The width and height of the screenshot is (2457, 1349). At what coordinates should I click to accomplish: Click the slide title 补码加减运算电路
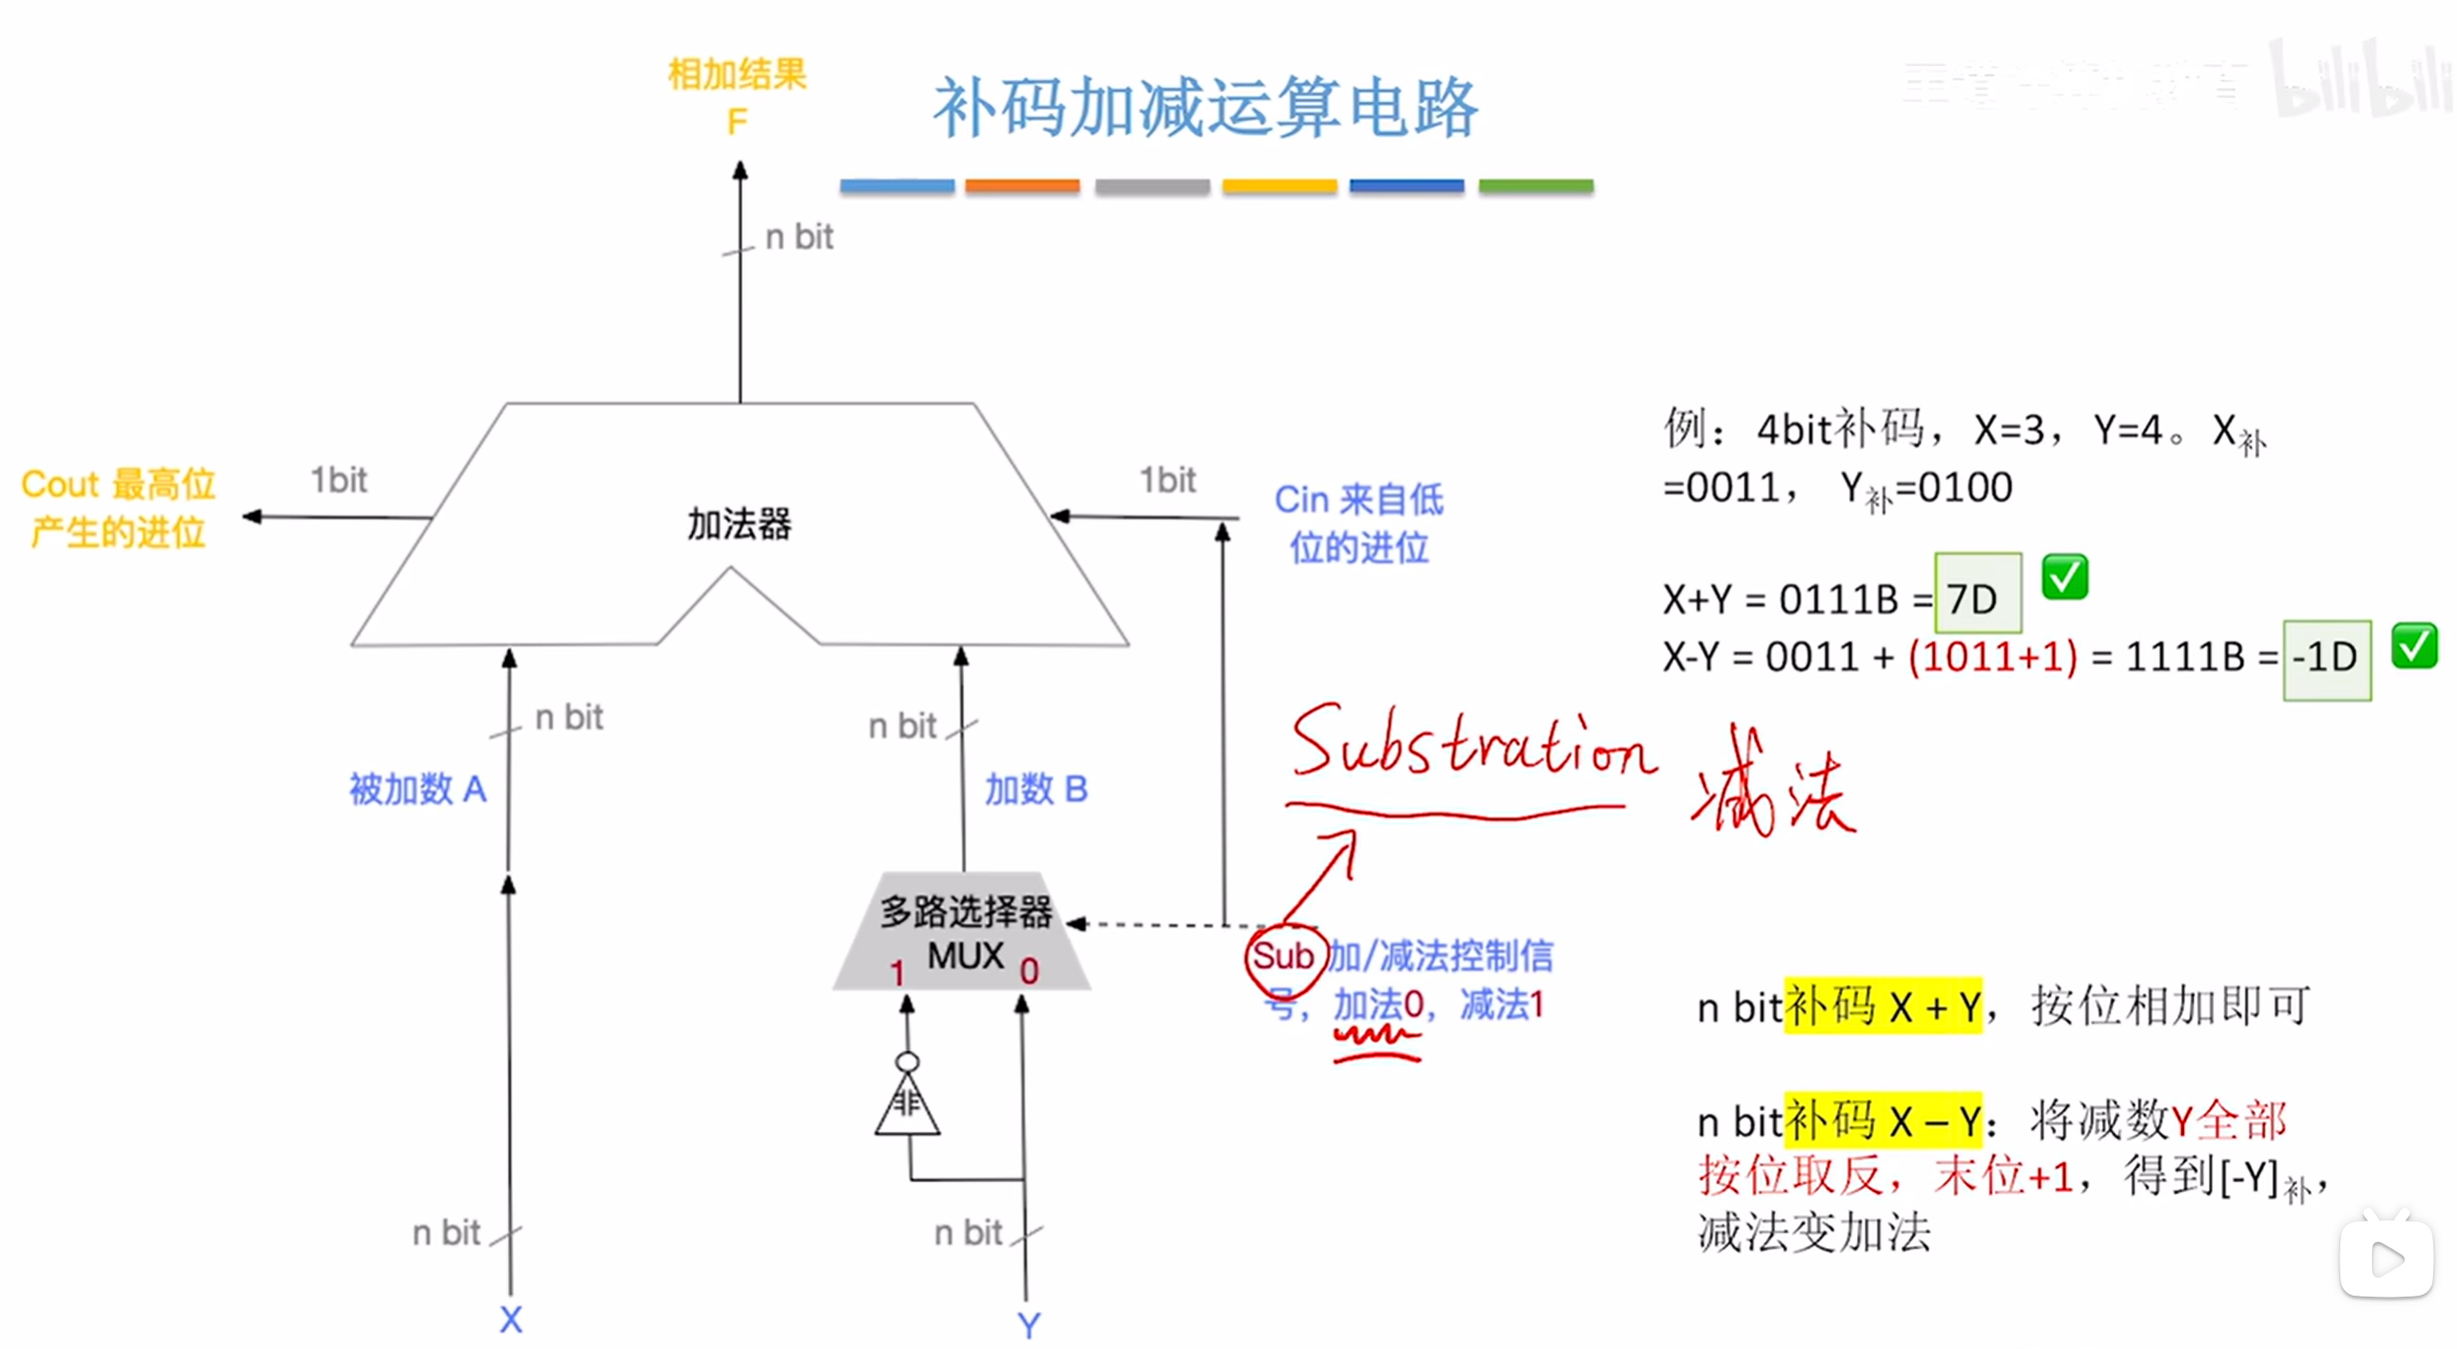(1205, 107)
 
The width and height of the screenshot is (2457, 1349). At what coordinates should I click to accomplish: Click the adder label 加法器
(740, 524)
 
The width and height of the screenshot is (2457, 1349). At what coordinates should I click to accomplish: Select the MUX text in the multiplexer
(965, 956)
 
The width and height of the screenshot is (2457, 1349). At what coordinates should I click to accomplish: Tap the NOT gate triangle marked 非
(907, 1104)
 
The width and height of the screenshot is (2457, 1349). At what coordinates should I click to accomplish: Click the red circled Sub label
(1282, 956)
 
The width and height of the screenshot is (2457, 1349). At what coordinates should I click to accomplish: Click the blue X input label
(510, 1319)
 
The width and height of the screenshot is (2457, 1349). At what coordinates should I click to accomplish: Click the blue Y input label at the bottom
(1028, 1324)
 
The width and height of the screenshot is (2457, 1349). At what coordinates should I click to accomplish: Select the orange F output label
(737, 123)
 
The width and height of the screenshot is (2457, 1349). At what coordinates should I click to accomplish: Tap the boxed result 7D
(1976, 597)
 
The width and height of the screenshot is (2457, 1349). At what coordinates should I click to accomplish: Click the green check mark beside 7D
(2064, 576)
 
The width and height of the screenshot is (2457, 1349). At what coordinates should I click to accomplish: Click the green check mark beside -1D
(2413, 646)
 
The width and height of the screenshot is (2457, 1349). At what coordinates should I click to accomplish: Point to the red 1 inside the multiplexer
(897, 973)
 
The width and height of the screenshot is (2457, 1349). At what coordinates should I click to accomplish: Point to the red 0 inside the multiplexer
(1029, 971)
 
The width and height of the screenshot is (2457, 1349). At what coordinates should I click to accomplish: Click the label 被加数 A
(417, 790)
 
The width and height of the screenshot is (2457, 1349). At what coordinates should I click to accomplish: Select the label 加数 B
(1035, 790)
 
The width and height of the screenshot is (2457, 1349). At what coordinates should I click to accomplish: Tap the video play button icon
(2386, 1258)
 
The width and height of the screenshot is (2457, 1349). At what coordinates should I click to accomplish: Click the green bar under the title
(1535, 186)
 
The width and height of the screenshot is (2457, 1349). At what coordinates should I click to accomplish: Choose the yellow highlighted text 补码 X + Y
(1883, 1007)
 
